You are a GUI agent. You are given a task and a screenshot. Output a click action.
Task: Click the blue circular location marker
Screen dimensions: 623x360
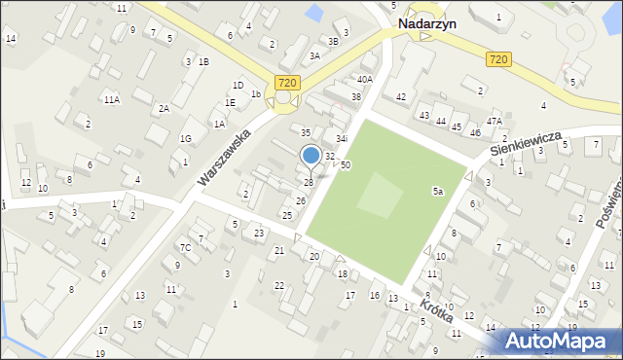pyautogui.click(x=311, y=155)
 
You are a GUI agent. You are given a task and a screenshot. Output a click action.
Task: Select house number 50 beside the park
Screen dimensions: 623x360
pyautogui.click(x=346, y=166)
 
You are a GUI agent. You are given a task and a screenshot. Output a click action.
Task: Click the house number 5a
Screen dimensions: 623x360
pyautogui.click(x=438, y=193)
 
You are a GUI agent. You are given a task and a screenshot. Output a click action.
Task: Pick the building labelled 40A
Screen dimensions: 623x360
pyautogui.click(x=365, y=80)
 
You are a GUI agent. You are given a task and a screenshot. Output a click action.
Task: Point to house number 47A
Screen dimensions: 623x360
pyautogui.click(x=495, y=122)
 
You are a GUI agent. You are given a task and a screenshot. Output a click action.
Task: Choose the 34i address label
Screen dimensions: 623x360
pyautogui.click(x=341, y=139)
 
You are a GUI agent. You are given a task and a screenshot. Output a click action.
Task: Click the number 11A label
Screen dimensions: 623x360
pyautogui.click(x=112, y=100)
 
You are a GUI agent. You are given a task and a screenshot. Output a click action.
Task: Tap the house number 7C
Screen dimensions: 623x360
pyautogui.click(x=184, y=247)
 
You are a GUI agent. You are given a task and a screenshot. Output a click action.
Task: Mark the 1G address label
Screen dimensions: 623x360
pyautogui.click(x=185, y=138)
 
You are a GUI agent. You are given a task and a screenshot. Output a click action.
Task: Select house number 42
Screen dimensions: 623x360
pyautogui.click(x=400, y=97)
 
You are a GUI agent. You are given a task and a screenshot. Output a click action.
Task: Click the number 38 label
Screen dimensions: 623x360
pyautogui.click(x=356, y=97)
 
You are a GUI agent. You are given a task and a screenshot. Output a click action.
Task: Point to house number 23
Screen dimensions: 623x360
pyautogui.click(x=259, y=234)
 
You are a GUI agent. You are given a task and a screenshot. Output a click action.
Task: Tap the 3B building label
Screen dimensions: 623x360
pyautogui.click(x=334, y=41)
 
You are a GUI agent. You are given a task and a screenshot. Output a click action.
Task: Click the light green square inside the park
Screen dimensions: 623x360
pyautogui.click(x=379, y=198)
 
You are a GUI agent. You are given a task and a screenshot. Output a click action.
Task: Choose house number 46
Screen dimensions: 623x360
pyautogui.click(x=475, y=131)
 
